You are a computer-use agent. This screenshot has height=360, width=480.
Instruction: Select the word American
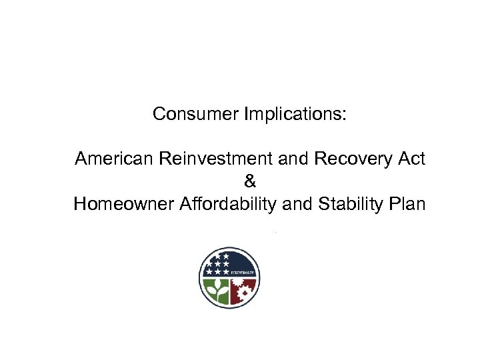point(114,159)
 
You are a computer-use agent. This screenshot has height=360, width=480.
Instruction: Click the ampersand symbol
point(249,181)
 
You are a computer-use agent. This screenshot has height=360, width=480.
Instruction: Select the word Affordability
point(229,204)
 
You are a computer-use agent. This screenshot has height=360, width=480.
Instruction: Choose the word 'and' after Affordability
point(297,204)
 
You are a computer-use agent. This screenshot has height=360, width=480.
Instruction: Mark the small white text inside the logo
point(245,273)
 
